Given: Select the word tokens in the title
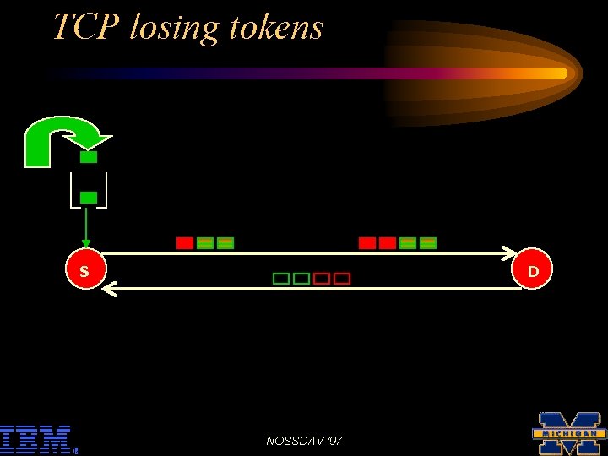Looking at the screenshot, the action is tap(274, 27).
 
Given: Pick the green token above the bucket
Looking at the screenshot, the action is tap(89, 157).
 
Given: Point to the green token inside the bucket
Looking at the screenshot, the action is tap(89, 198).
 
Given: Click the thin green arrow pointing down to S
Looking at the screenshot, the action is tap(86, 228).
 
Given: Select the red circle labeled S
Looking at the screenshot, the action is tap(84, 271).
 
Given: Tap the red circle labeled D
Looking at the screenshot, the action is tap(533, 271).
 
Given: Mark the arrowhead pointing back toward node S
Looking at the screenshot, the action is tap(106, 290).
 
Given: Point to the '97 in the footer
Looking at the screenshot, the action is tap(335, 441).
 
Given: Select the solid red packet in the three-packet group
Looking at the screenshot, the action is tap(184, 243).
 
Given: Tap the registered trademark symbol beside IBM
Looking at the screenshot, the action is tap(76, 450).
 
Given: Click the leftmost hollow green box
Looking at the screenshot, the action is tap(280, 279).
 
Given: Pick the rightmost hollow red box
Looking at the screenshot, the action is tap(342, 279).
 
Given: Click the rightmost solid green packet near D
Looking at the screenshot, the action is tap(428, 243).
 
